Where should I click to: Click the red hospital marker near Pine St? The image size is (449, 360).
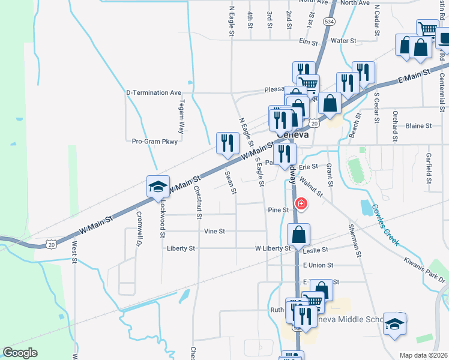301,204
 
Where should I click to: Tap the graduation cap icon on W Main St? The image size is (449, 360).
158,186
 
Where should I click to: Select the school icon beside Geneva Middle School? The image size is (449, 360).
395,323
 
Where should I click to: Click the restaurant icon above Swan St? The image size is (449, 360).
227,143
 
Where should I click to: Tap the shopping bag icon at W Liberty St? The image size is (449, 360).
298,235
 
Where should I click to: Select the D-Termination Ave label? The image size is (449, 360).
154,93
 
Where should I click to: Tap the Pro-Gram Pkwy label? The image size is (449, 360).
155,142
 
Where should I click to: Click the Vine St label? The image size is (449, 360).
214,231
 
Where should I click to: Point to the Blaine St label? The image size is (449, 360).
418,126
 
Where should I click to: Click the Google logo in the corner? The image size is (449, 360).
20,353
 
